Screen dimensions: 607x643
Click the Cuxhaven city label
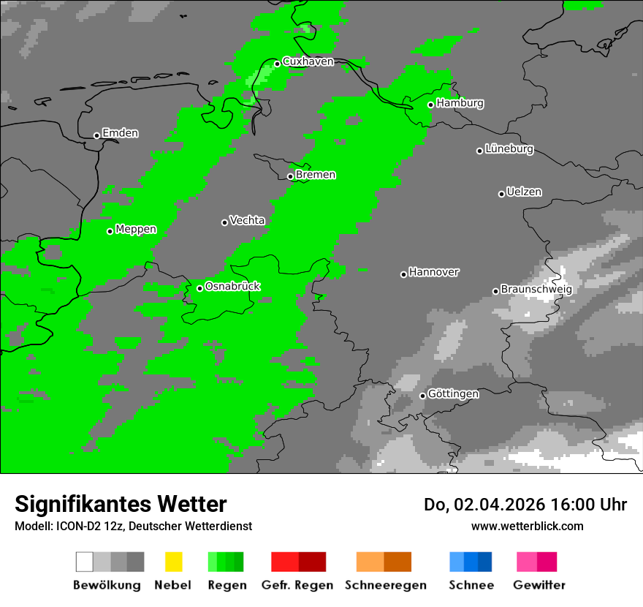tap(308, 62)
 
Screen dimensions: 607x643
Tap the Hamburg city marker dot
tap(431, 105)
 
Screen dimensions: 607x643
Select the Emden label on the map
tap(120, 133)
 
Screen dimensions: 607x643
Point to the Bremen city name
tap(316, 175)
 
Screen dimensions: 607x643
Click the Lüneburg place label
tap(509, 149)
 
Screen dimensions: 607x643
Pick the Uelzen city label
tap(524, 192)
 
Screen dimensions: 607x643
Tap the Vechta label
tap(247, 220)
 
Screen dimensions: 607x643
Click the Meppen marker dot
tap(110, 231)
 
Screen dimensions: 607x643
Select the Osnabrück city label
tap(232, 287)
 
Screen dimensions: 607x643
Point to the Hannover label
tap(434, 272)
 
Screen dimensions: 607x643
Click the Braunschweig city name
tap(536, 290)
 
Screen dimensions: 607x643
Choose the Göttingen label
tap(453, 394)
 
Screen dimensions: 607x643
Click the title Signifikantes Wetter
tap(121, 505)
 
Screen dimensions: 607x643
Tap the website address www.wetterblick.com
tap(527, 526)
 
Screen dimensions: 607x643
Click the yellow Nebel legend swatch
tap(173, 562)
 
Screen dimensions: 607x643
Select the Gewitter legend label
tap(539, 585)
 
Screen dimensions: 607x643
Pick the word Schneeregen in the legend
tap(384, 585)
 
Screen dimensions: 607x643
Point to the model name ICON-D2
tap(72, 527)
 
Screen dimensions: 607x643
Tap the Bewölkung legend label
tap(107, 585)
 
